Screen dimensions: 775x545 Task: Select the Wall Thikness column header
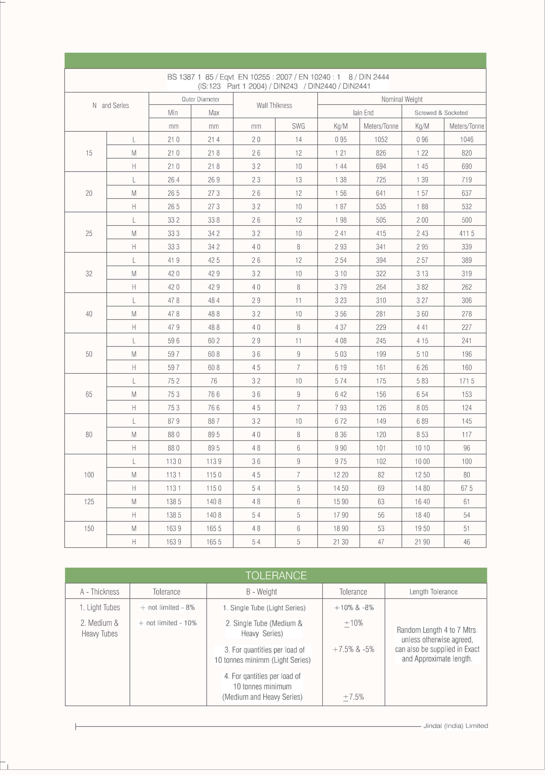click(x=274, y=105)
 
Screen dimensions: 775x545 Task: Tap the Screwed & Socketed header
click(x=441, y=113)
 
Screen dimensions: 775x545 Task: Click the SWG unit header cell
click(x=298, y=126)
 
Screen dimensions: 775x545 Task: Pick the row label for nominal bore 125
click(x=89, y=501)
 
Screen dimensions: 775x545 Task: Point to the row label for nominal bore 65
click(x=89, y=394)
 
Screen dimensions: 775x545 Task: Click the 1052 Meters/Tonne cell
click(x=381, y=139)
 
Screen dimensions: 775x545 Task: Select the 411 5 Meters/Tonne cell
click(x=466, y=233)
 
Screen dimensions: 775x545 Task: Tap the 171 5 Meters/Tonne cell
click(x=466, y=381)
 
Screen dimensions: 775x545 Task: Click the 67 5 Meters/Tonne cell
click(x=466, y=488)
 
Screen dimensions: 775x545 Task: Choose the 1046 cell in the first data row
click(x=466, y=139)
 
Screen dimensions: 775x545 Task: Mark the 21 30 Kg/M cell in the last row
click(x=341, y=542)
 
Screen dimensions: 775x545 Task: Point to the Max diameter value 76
click(x=214, y=381)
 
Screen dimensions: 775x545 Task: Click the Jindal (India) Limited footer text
click(x=456, y=726)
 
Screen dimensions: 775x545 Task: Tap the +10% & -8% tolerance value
click(x=354, y=608)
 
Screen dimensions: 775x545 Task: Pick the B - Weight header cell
click(x=261, y=592)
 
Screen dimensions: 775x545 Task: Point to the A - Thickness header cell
click(x=100, y=592)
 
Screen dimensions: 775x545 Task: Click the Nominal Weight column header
click(x=402, y=99)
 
